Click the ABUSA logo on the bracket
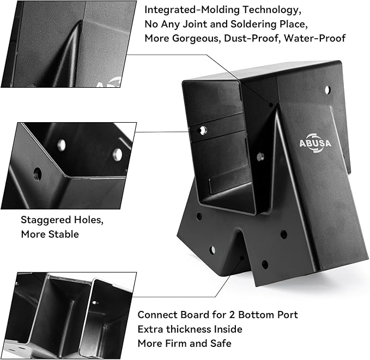[316, 143]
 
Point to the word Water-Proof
[315, 38]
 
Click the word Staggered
[46, 220]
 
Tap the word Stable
[63, 235]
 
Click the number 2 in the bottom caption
[232, 315]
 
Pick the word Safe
[221, 343]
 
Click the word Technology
[272, 10]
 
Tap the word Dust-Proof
[252, 38]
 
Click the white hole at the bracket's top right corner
[327, 90]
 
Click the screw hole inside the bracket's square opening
[203, 130]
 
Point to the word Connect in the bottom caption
[157, 315]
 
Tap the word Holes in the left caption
[89, 220]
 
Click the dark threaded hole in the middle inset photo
[37, 175]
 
